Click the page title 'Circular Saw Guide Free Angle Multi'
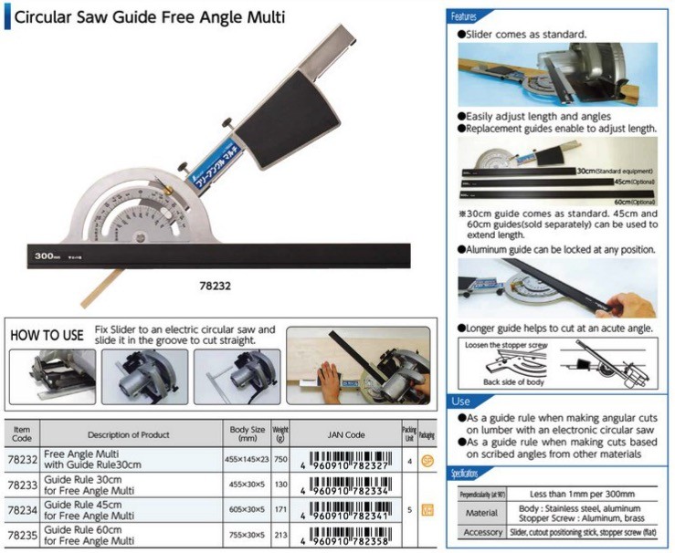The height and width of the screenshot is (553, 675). click(150, 16)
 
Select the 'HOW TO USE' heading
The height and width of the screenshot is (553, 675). click(47, 335)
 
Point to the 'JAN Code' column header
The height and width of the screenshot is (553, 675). click(343, 434)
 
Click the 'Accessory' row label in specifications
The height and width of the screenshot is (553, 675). click(482, 532)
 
